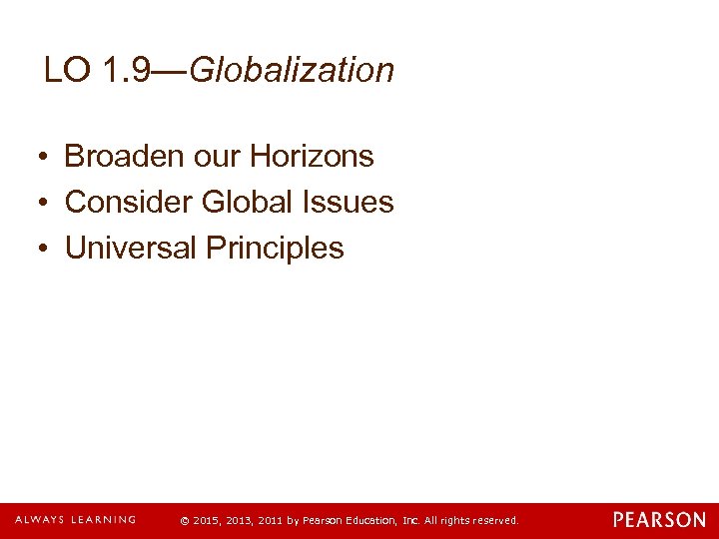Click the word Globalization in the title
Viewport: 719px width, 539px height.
tap(292, 70)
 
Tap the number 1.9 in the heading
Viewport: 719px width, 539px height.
tap(128, 70)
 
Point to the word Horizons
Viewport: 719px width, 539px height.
tap(312, 156)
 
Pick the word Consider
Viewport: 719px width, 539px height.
tap(128, 202)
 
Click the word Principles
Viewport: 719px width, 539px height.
tap(275, 248)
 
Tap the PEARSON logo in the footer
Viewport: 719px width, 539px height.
tap(659, 520)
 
